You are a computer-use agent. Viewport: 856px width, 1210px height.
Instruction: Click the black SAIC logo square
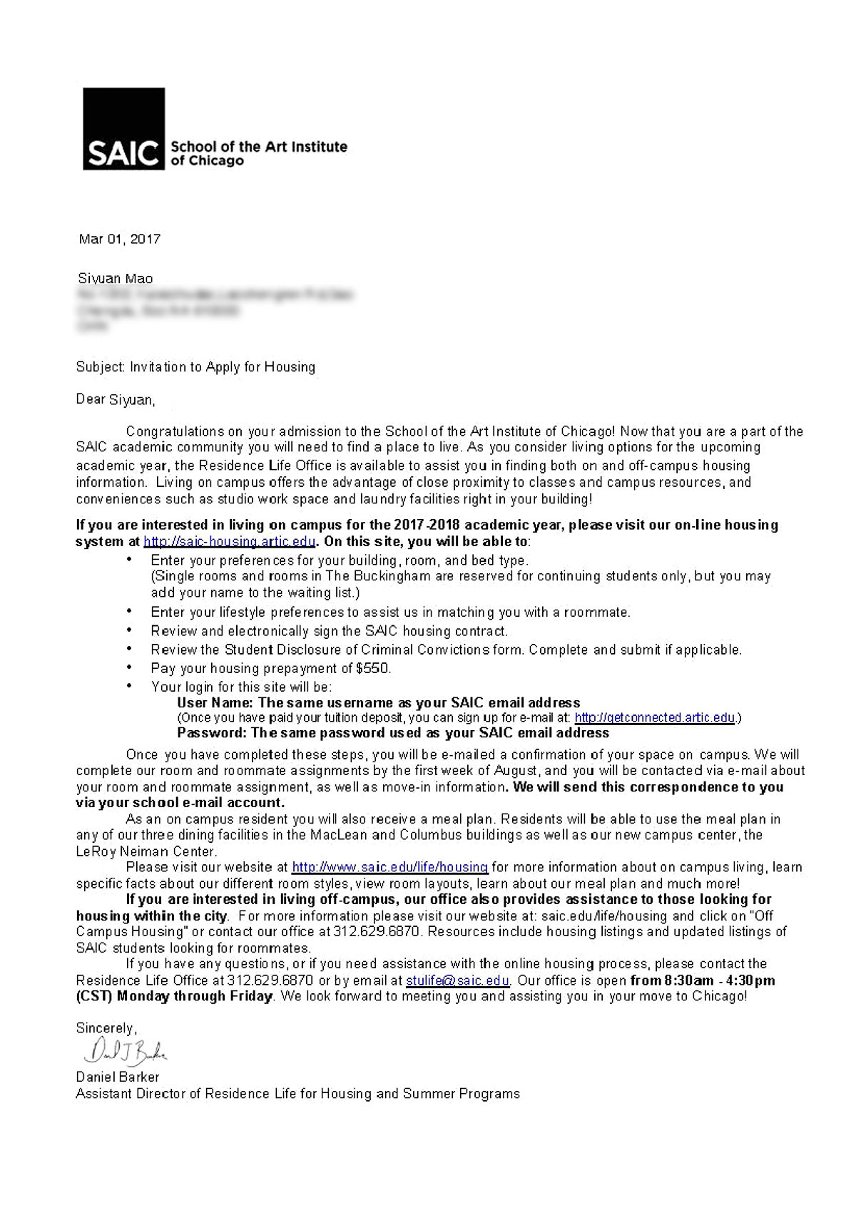click(123, 128)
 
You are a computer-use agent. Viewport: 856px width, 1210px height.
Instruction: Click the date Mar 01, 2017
click(119, 240)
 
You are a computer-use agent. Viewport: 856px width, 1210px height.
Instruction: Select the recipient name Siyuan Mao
click(115, 278)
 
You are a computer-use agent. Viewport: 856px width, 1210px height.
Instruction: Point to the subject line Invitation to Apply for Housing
click(222, 366)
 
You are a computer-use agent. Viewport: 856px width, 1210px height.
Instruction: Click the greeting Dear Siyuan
click(115, 399)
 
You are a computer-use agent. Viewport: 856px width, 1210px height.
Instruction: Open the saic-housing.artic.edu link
click(229, 541)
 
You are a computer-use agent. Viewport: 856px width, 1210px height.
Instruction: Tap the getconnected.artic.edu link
click(654, 717)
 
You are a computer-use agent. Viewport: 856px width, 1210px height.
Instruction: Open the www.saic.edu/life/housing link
click(389, 867)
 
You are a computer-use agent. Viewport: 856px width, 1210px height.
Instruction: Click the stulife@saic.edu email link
click(457, 980)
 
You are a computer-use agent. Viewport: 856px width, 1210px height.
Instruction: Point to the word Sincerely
click(105, 1028)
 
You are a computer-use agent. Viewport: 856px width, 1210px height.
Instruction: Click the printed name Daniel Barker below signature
click(118, 1077)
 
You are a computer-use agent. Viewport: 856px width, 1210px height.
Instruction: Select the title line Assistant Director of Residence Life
click(297, 1093)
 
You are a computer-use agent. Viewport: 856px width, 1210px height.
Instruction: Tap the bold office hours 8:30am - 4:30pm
click(703, 980)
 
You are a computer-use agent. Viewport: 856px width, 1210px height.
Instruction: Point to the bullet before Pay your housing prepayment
click(129, 667)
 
